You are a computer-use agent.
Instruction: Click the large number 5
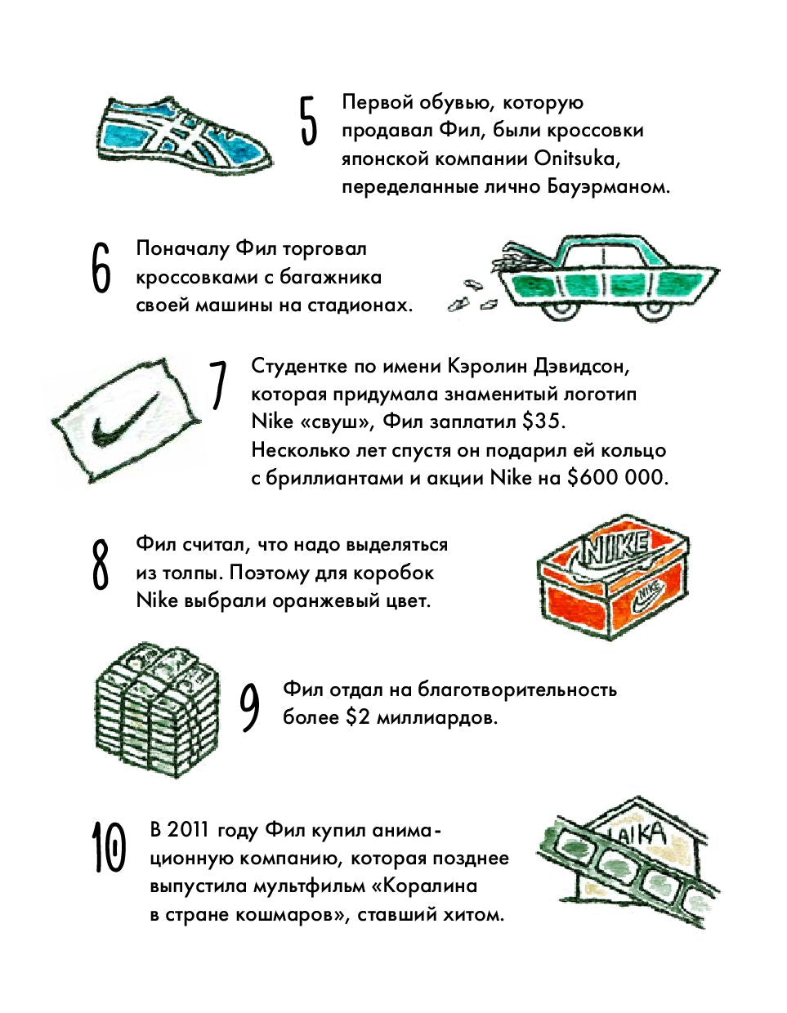308,121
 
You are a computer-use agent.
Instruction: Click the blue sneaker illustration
189,135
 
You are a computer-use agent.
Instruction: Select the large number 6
101,268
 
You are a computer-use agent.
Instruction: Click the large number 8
100,565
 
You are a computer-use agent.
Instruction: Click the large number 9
250,707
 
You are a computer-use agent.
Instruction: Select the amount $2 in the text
357,717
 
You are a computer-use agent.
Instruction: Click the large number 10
109,848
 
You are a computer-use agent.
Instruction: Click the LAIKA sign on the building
641,834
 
